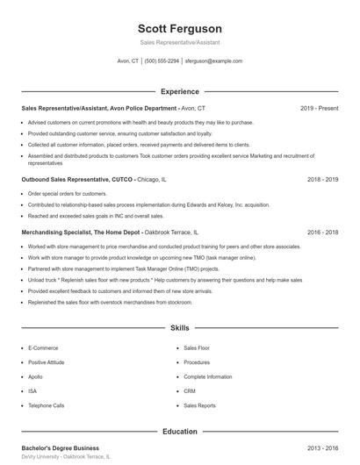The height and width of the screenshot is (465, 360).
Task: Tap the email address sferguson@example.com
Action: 213,61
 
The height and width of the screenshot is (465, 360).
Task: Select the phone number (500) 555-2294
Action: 162,61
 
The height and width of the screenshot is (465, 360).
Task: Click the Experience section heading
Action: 179,91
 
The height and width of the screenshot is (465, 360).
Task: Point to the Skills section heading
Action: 179,328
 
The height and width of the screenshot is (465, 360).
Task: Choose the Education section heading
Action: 179,432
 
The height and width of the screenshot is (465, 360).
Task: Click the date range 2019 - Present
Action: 319,108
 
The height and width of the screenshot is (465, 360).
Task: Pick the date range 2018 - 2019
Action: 322,179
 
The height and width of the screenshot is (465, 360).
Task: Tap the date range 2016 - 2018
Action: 322,232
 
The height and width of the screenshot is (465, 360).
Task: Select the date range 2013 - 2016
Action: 322,447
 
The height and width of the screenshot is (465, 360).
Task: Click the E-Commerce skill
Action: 43,348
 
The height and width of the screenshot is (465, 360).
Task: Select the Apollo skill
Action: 36,376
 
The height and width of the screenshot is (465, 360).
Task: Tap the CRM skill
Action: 191,391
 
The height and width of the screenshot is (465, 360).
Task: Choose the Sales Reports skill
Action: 199,406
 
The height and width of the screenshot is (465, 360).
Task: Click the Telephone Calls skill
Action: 47,406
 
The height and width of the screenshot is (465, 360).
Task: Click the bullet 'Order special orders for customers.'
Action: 68,193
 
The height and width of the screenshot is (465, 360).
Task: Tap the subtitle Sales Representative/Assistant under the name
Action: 179,42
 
